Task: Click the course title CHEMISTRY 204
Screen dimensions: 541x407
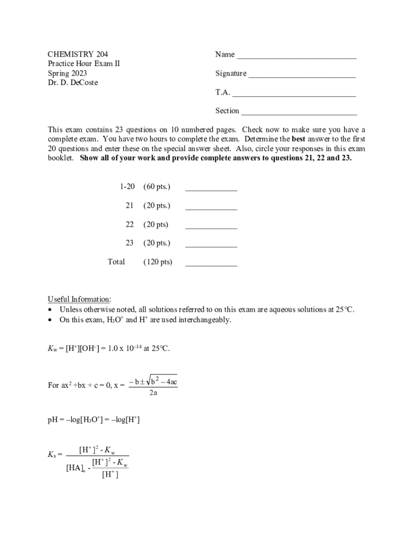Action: pyautogui.click(x=74, y=54)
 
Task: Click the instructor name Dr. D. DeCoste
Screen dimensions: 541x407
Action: pyautogui.click(x=73, y=83)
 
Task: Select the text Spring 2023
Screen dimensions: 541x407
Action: pyautogui.click(x=67, y=73)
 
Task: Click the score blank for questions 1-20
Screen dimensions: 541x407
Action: pyautogui.click(x=211, y=190)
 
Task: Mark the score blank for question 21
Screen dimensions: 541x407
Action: pyautogui.click(x=211, y=209)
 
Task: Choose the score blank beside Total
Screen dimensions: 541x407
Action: pyautogui.click(x=211, y=265)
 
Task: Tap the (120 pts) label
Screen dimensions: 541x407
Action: pyautogui.click(x=158, y=262)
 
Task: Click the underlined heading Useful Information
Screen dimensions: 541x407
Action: pyautogui.click(x=79, y=299)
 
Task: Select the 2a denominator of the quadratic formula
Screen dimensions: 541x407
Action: pyautogui.click(x=153, y=393)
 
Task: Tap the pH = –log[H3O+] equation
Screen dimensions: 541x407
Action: pyautogui.click(x=94, y=420)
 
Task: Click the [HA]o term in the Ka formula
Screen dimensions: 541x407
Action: pyautogui.click(x=76, y=468)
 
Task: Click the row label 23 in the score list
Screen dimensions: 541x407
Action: pyautogui.click(x=129, y=243)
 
